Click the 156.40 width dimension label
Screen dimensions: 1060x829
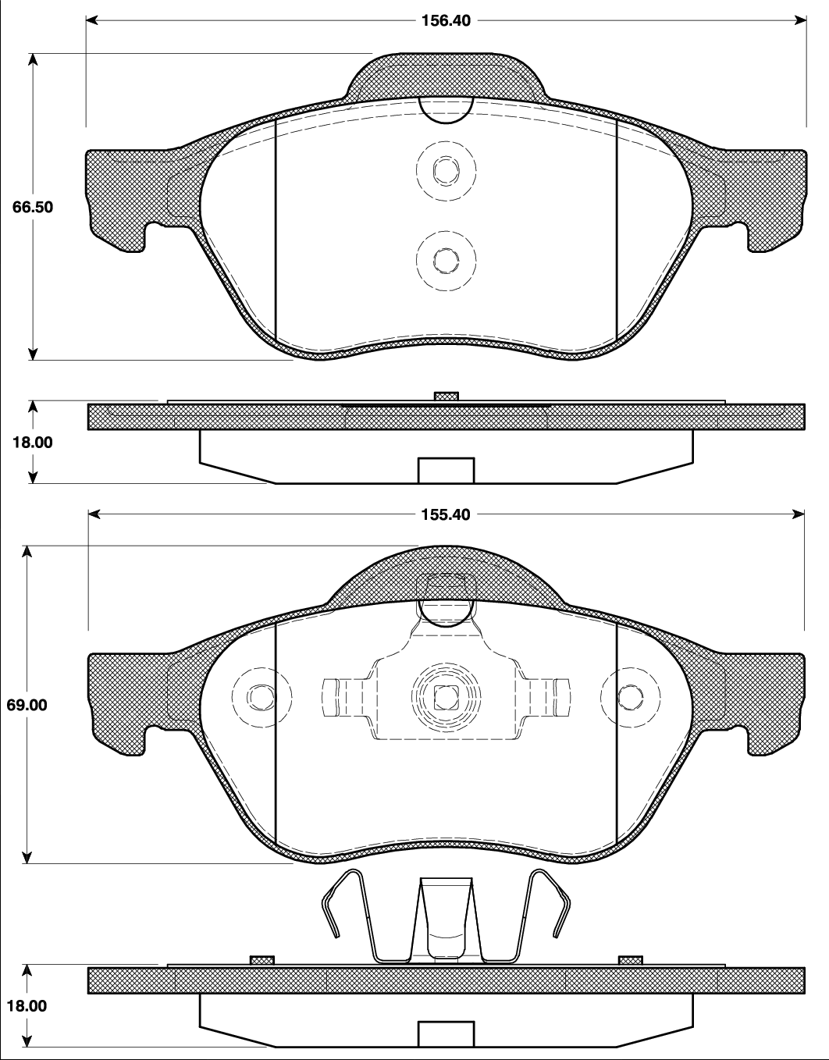446,21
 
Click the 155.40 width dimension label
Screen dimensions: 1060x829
446,515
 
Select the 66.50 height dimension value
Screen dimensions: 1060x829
33,208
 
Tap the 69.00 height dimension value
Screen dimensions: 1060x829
27,704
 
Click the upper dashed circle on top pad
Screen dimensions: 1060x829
446,169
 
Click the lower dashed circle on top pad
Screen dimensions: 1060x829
446,260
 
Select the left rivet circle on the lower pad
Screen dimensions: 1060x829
262,695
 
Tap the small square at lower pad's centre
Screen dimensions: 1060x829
446,695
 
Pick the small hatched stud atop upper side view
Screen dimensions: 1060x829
446,397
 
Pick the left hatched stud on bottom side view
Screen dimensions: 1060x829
262,959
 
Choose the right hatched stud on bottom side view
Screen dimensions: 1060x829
630,959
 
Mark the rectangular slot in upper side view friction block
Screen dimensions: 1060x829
446,471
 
